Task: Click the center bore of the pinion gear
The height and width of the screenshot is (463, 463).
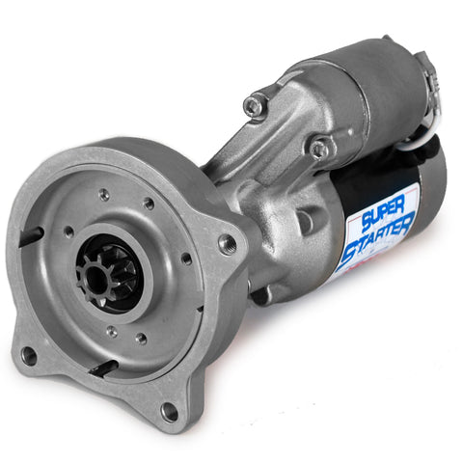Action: click(95, 278)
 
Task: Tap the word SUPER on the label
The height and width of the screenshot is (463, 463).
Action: click(383, 213)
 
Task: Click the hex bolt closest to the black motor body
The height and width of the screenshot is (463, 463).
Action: click(320, 149)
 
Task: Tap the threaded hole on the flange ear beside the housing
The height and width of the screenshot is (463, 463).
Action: click(228, 244)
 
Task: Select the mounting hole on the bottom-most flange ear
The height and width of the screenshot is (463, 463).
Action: click(169, 412)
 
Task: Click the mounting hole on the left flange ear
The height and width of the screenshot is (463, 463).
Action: click(29, 356)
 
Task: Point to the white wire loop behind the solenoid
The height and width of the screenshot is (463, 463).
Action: click(427, 125)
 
